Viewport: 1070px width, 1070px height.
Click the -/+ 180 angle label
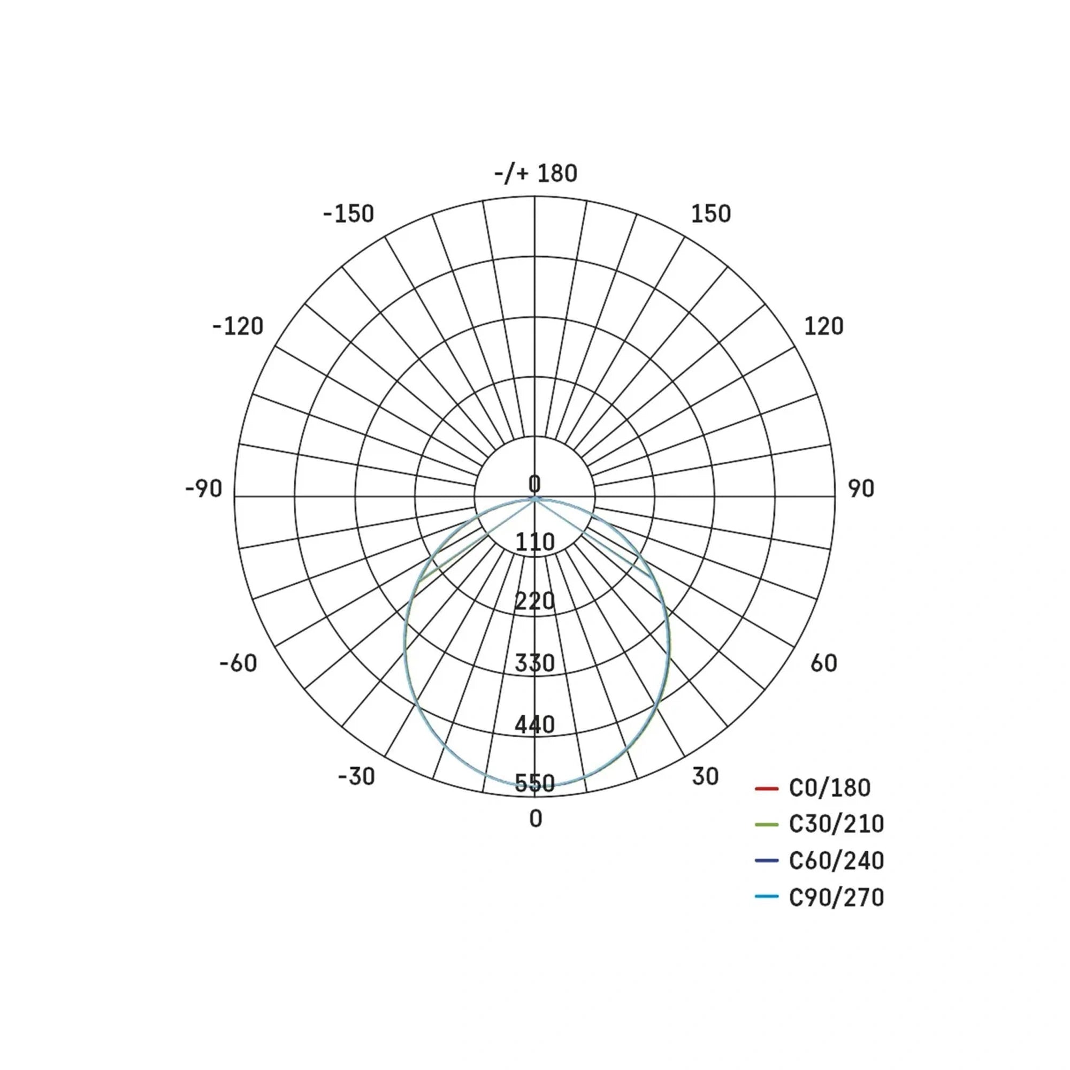coord(536,174)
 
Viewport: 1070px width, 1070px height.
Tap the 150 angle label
coord(710,215)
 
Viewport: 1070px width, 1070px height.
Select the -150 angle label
coord(348,215)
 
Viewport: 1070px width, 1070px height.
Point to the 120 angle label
coord(823,327)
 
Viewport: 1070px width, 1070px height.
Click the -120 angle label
coord(238,327)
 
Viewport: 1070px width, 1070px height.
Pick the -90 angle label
coord(203,489)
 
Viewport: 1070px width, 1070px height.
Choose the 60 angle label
coord(823,663)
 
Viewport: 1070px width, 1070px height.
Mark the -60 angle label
coord(238,663)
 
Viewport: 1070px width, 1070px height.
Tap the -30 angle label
coord(356,777)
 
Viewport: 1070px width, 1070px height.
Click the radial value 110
coord(535,541)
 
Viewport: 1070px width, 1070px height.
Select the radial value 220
coord(535,601)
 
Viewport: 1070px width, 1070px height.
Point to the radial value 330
coord(535,663)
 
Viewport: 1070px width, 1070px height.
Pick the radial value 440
coord(535,724)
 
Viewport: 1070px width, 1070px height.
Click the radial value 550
coord(535,784)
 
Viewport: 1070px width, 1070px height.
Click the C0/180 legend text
coord(829,788)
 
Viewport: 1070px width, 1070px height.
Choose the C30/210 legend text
coord(836,824)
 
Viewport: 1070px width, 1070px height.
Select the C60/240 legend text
coord(836,861)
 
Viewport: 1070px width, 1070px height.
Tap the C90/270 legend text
coord(836,897)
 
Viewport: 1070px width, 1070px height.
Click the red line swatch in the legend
coord(767,788)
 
